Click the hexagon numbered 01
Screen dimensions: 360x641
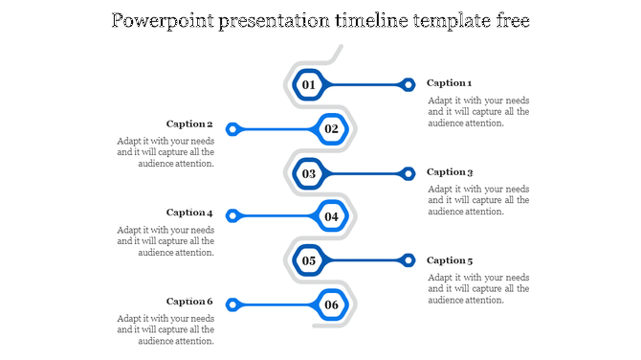(x=308, y=85)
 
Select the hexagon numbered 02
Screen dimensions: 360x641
(x=331, y=128)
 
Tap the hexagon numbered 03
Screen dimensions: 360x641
(x=308, y=173)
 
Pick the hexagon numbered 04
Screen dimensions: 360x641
(x=331, y=216)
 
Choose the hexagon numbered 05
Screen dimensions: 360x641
(x=308, y=260)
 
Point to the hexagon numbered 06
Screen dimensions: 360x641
(x=331, y=305)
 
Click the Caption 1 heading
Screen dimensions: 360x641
(x=450, y=83)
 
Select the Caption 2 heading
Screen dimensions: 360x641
(x=189, y=124)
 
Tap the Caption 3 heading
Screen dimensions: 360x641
(x=450, y=172)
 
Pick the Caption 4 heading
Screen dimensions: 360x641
(x=189, y=213)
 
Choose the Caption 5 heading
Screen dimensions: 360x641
(x=450, y=260)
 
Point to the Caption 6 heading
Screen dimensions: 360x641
(x=189, y=302)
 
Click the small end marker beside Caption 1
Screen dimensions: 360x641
(x=408, y=85)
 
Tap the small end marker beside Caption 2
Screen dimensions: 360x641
(x=232, y=128)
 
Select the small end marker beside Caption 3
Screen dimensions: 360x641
(x=408, y=173)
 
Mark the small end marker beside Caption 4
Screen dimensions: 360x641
(x=232, y=216)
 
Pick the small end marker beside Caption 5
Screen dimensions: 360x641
(x=408, y=260)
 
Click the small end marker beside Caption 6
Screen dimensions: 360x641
(x=232, y=305)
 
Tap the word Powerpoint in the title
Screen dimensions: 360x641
(x=161, y=20)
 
